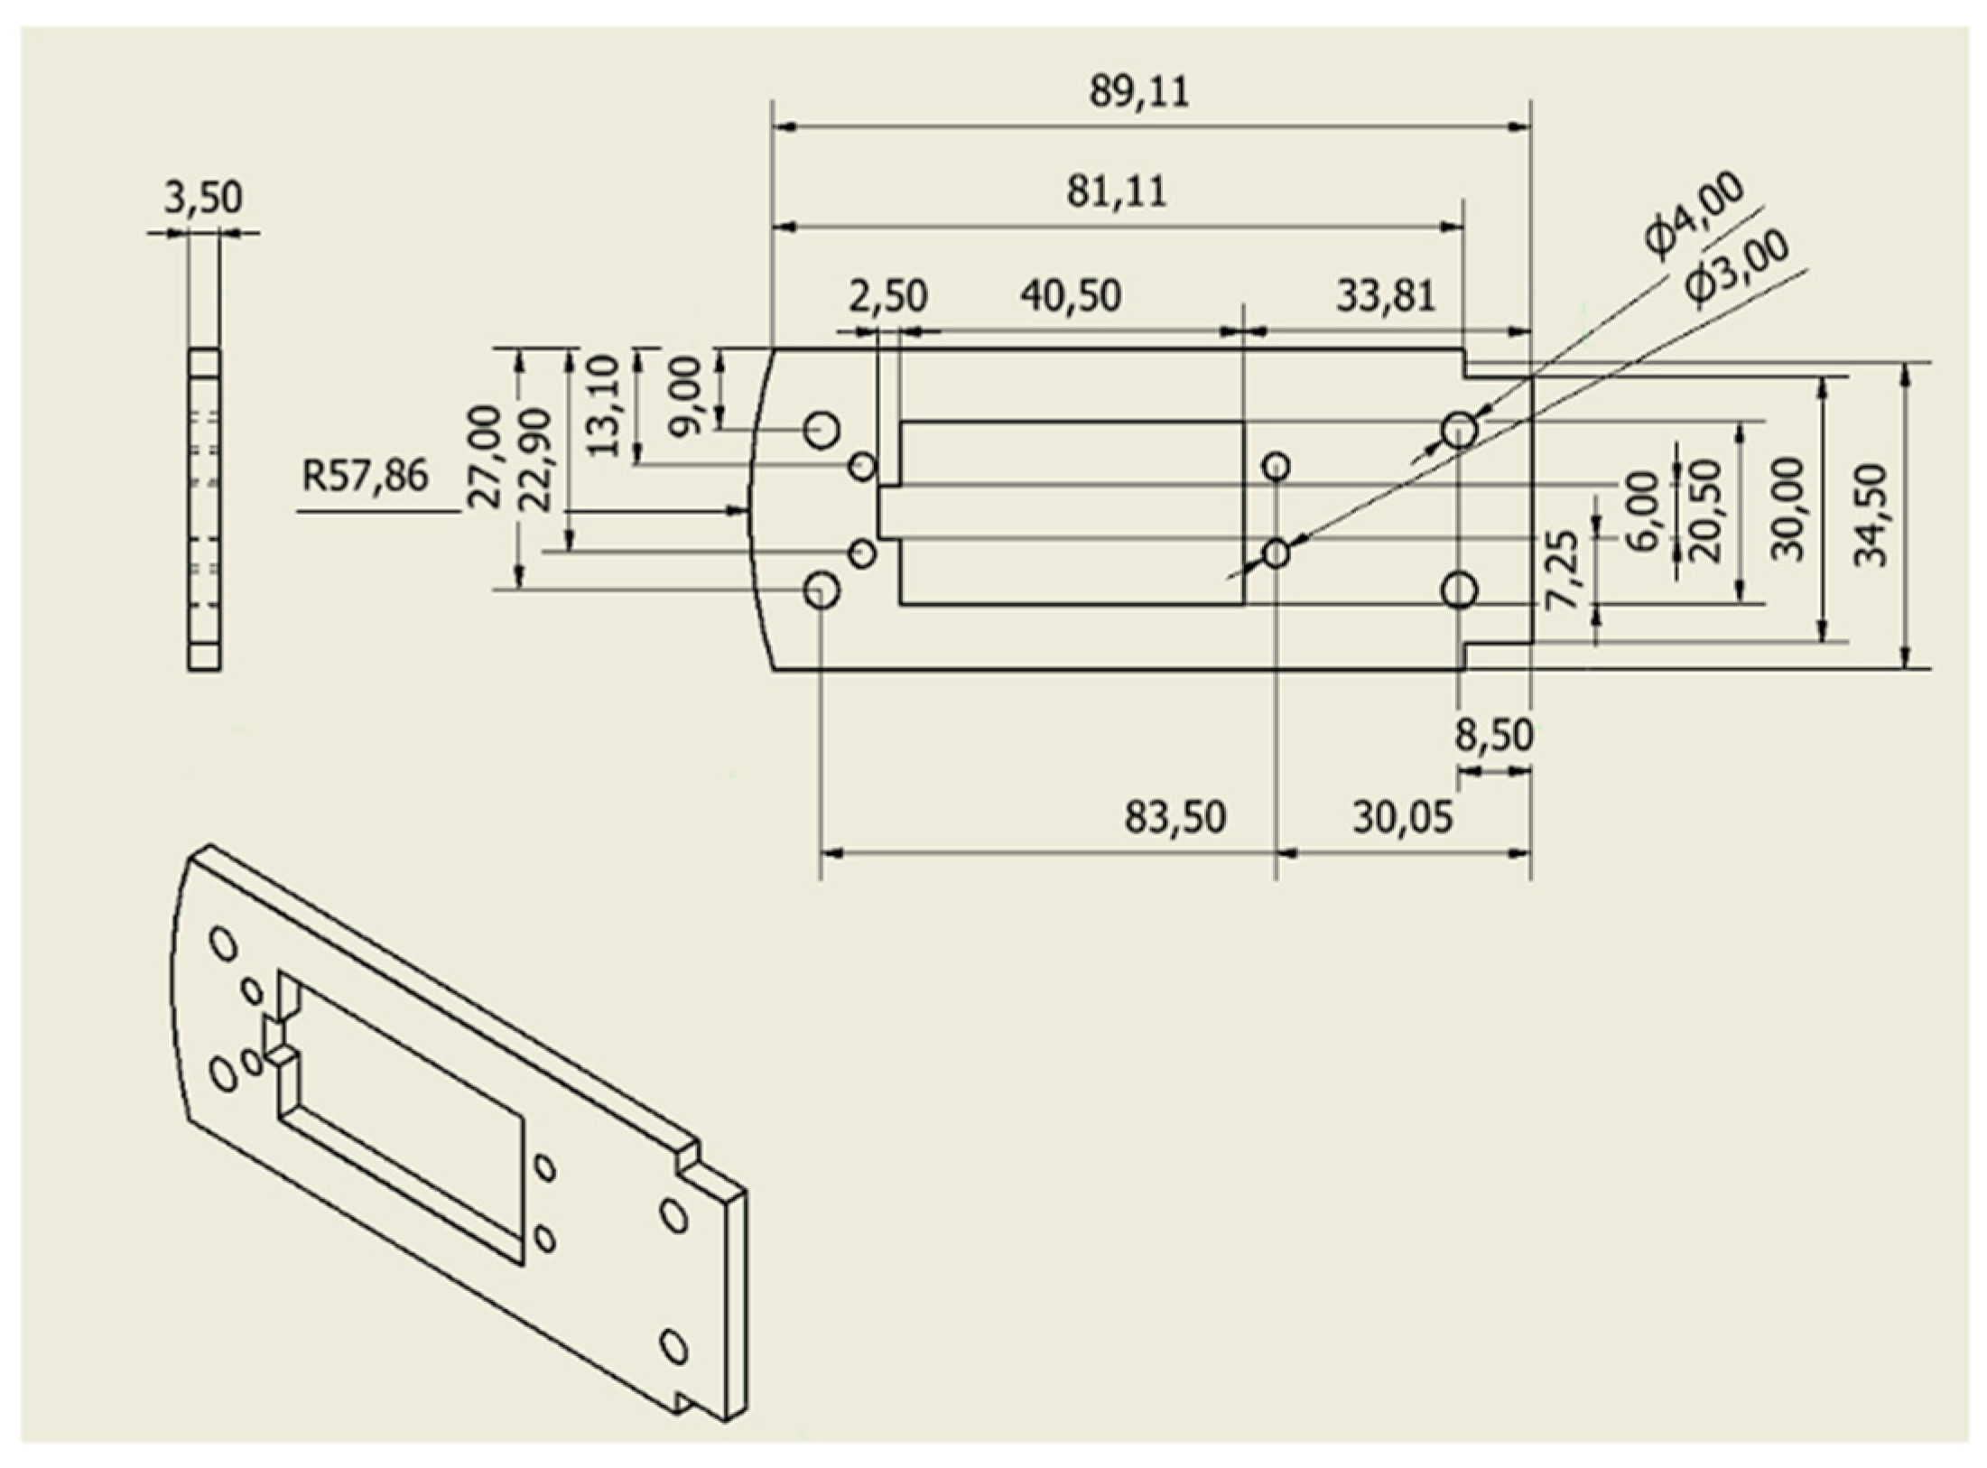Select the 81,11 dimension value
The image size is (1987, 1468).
click(x=1116, y=192)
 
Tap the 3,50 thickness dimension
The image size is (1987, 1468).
click(x=203, y=198)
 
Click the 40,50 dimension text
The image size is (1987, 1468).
click(x=1071, y=296)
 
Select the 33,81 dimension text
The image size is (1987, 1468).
click(x=1385, y=296)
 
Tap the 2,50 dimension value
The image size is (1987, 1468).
click(x=887, y=296)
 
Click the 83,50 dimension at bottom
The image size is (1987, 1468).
click(x=1175, y=817)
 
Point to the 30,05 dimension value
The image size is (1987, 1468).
click(x=1402, y=817)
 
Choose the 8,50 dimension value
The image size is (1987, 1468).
click(x=1493, y=736)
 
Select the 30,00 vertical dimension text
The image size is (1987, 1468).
click(x=1788, y=509)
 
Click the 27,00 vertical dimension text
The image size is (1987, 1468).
click(x=487, y=457)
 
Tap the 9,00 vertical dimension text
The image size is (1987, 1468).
click(x=687, y=395)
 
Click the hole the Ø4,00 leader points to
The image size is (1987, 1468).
click(x=1459, y=430)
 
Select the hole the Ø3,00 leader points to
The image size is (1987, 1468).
click(x=1276, y=553)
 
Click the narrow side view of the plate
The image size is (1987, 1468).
click(x=204, y=509)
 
